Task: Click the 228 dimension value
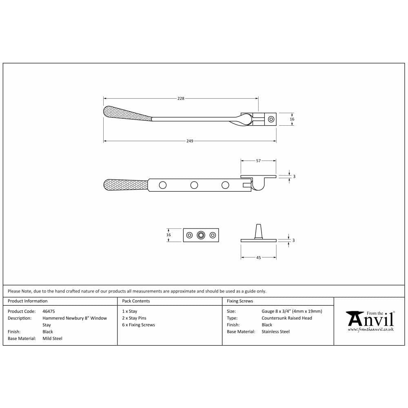(181, 98)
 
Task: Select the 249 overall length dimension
(190, 141)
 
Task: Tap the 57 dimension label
(258, 161)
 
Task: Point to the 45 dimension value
(258, 258)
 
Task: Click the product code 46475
(49, 311)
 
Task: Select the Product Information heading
(28, 301)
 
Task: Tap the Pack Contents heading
(136, 301)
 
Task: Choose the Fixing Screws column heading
(240, 301)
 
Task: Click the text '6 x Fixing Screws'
(138, 325)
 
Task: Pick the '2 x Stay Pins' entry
(134, 318)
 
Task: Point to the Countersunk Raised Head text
(287, 318)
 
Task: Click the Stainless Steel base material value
(275, 332)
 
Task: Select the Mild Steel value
(52, 338)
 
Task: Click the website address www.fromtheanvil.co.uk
(370, 329)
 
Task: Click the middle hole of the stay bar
(194, 185)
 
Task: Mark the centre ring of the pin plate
(201, 235)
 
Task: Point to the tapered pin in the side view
(258, 231)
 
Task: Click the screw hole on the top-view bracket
(271, 119)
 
